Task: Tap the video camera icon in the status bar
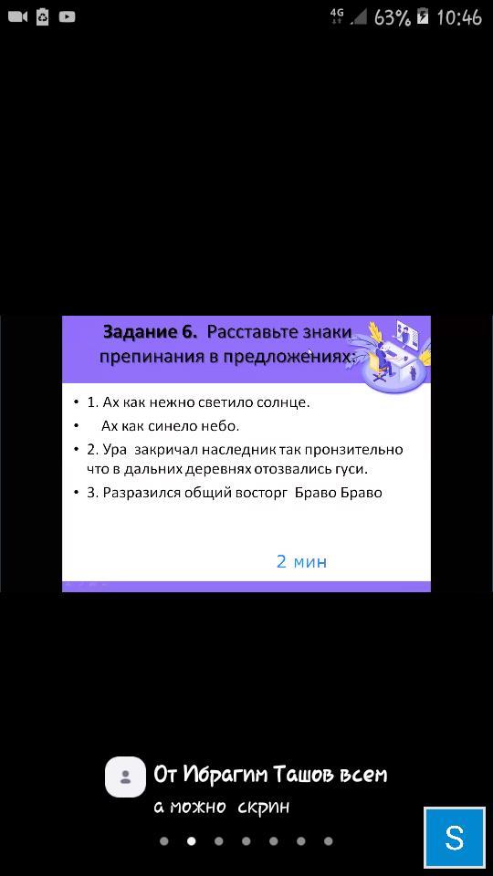pyautogui.click(x=18, y=17)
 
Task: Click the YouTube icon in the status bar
pyautogui.click(x=67, y=17)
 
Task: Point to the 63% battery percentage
pyautogui.click(x=393, y=18)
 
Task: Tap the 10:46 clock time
pyautogui.click(x=459, y=18)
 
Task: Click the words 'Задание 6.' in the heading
pyautogui.click(x=151, y=332)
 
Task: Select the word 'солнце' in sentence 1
pyautogui.click(x=285, y=402)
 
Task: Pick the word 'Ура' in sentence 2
pyautogui.click(x=115, y=450)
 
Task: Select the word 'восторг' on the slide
pyautogui.click(x=261, y=494)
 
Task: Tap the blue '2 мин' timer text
pyautogui.click(x=301, y=561)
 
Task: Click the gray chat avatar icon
pyautogui.click(x=125, y=777)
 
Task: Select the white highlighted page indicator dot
pyautogui.click(x=191, y=841)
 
